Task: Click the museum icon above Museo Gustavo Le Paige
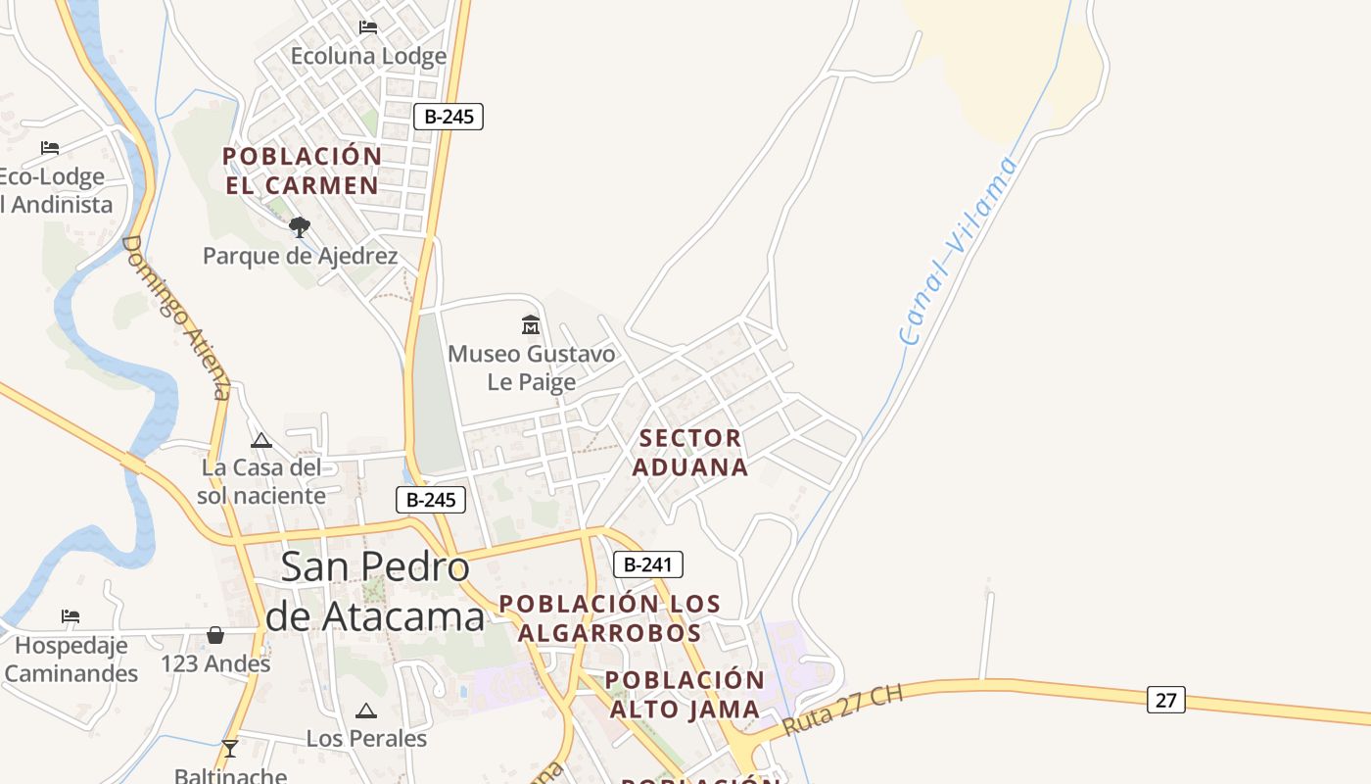[x=531, y=324]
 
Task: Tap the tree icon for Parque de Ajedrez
[x=300, y=227]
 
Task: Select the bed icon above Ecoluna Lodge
[x=368, y=27]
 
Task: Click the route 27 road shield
[x=1165, y=700]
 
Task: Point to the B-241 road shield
[x=647, y=564]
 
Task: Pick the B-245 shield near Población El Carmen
[x=449, y=117]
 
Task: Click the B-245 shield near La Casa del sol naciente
[x=431, y=500]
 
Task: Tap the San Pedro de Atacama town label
[x=375, y=591]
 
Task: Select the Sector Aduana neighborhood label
[x=690, y=452]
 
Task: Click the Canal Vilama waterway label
[x=958, y=252]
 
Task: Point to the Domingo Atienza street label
[x=176, y=318]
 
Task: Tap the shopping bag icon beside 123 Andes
[x=215, y=636]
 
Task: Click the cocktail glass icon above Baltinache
[x=230, y=749]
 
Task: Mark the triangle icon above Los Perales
[x=366, y=710]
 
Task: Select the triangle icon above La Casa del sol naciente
[x=260, y=440]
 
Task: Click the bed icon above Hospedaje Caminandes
[x=71, y=616]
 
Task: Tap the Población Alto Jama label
[x=685, y=694]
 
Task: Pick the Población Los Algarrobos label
[x=610, y=618]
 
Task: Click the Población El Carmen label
[x=302, y=171]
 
